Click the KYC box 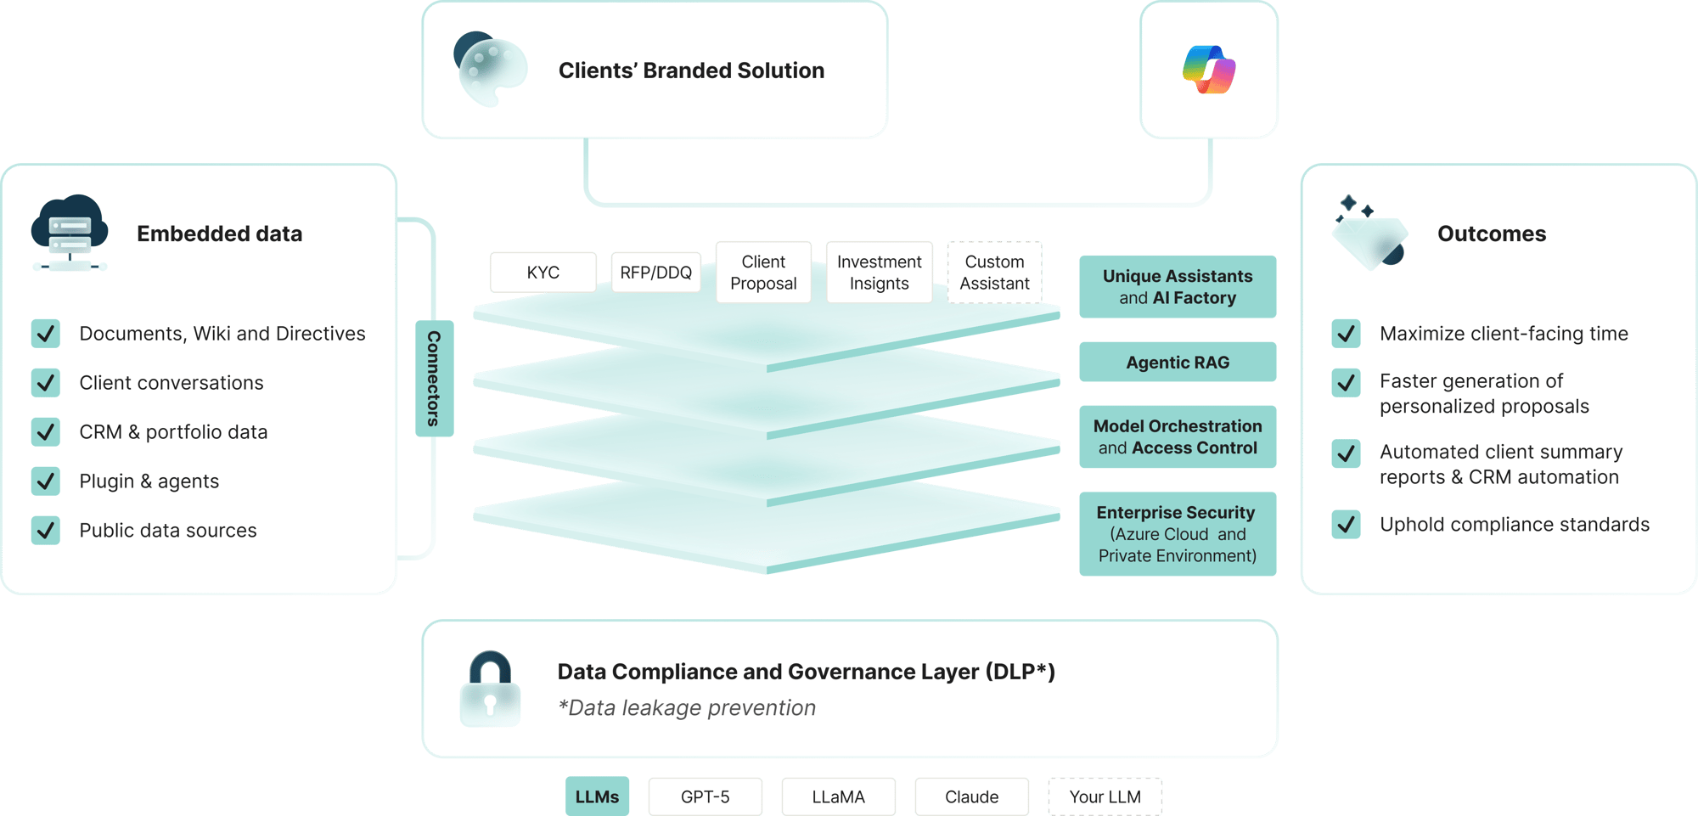pyautogui.click(x=543, y=272)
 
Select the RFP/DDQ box pyautogui.click(x=655, y=272)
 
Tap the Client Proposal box pyautogui.click(x=763, y=272)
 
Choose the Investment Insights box pyautogui.click(x=879, y=272)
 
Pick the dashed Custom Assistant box pyautogui.click(x=994, y=272)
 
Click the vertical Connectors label pyautogui.click(x=434, y=379)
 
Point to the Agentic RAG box pyautogui.click(x=1178, y=362)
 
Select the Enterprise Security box pyautogui.click(x=1178, y=533)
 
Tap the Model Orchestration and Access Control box pyautogui.click(x=1178, y=436)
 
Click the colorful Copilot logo pyautogui.click(x=1209, y=70)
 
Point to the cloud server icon pyautogui.click(x=70, y=232)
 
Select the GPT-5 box pyautogui.click(x=705, y=796)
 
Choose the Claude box pyautogui.click(x=971, y=796)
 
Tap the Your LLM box pyautogui.click(x=1105, y=796)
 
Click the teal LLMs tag pyautogui.click(x=597, y=796)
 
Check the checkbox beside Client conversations pyautogui.click(x=46, y=383)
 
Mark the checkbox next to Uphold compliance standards pyautogui.click(x=1346, y=524)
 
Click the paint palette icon pyautogui.click(x=491, y=70)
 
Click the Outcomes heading pyautogui.click(x=1492, y=234)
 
